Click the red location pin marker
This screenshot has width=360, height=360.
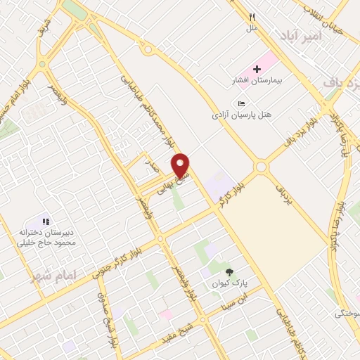[181, 165]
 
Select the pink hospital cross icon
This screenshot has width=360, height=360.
[257, 70]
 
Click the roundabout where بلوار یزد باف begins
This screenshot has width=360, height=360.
[262, 167]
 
